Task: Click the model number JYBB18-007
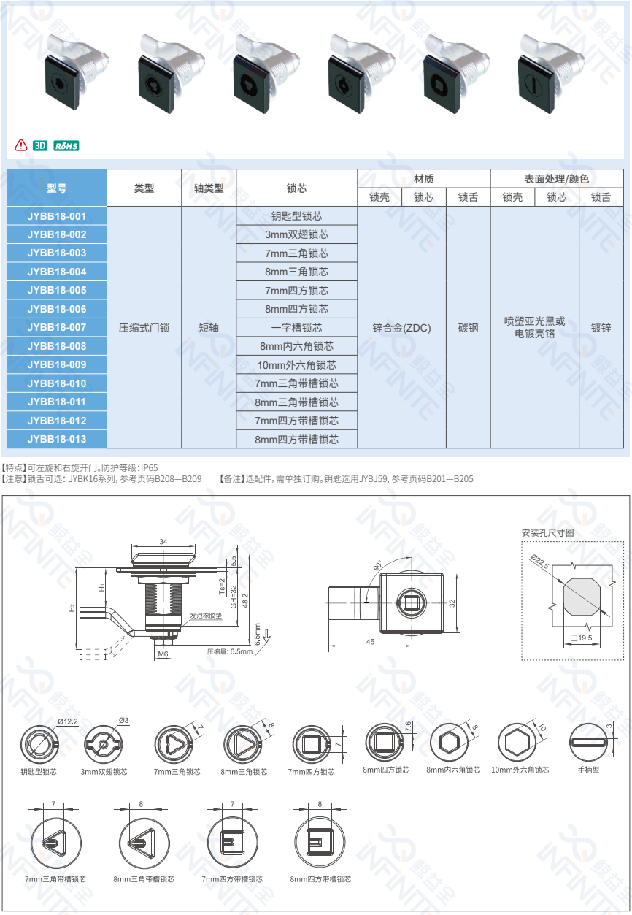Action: pos(57,327)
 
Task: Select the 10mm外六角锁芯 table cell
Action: pos(297,365)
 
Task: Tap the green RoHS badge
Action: pos(66,146)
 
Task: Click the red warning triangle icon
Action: pos(21,145)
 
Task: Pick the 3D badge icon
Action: pos(40,146)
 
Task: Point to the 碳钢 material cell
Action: pos(468,328)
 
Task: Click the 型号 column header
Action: pos(57,188)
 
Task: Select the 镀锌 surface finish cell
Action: pos(601,328)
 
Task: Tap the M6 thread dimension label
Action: pos(163,654)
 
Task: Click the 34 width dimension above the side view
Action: pos(163,542)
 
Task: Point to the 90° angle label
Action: pos(377,565)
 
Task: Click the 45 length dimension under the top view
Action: pos(370,642)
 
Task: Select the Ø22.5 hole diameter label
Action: pos(540,562)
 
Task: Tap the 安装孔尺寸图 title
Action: pos(548,532)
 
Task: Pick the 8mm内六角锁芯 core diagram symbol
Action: pos(450,742)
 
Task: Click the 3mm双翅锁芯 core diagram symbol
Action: pos(104,744)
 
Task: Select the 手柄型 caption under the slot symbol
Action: pos(588,770)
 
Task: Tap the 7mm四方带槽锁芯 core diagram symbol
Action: pos(232,843)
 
